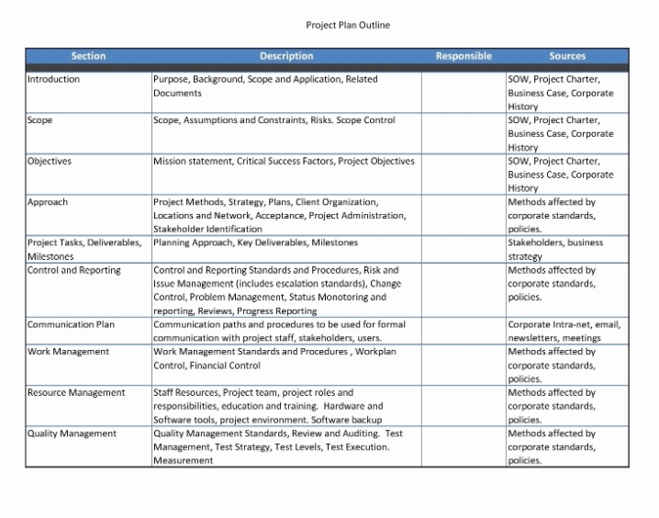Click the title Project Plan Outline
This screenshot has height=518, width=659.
click(347, 25)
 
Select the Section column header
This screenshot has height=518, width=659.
click(88, 56)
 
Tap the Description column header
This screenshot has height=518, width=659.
click(286, 56)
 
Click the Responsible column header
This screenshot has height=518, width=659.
click(464, 56)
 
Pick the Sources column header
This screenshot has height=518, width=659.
click(567, 56)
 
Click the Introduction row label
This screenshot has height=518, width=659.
click(53, 79)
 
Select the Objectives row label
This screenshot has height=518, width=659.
click(50, 161)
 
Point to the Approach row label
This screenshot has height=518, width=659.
click(48, 202)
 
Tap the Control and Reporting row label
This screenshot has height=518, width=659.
click(74, 270)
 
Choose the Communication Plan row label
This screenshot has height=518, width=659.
click(72, 324)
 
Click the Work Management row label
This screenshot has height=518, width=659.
click(68, 351)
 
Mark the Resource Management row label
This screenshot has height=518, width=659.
click(76, 392)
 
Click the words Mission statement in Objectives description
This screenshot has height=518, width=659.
click(193, 161)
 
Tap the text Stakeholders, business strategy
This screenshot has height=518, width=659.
click(555, 249)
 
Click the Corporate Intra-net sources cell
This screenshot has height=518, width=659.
click(564, 331)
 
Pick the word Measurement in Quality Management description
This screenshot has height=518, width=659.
click(183, 460)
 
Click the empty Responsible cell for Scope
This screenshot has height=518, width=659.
click(464, 133)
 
